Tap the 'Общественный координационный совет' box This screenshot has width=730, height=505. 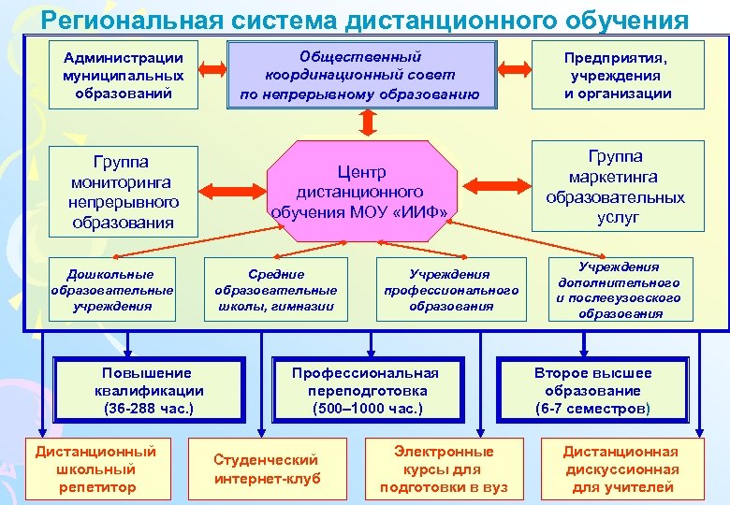[360, 75]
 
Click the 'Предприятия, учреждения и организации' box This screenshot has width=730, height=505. [618, 75]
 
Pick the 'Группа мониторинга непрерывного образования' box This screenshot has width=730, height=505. [123, 192]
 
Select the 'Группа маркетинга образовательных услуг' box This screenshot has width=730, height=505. [617, 185]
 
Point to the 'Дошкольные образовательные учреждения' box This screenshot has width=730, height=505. [111, 290]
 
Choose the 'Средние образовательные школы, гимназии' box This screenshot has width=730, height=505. [276, 290]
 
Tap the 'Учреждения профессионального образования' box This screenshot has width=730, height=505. [450, 290]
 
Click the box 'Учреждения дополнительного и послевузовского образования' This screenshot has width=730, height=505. [619, 290]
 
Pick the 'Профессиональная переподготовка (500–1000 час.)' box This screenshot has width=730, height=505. [366, 390]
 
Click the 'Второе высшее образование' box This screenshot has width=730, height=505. [593, 390]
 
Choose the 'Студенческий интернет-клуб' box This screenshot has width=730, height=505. [267, 469]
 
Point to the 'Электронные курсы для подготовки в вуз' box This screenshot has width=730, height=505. [443, 469]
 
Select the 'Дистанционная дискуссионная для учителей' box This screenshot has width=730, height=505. [620, 469]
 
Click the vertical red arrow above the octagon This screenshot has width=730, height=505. [367, 123]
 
